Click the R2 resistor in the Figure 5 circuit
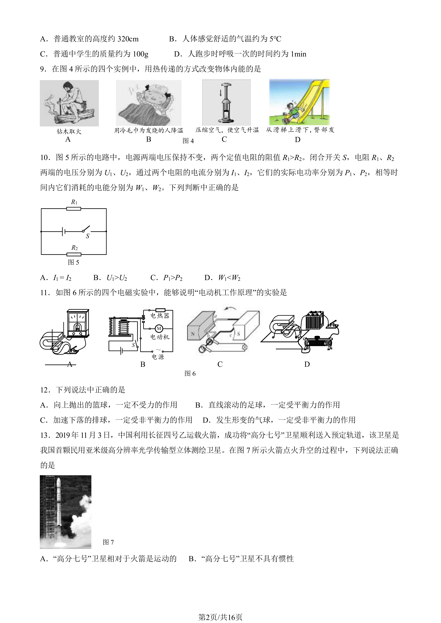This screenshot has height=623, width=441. click(x=74, y=254)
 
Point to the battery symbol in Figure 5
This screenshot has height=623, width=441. click(x=63, y=231)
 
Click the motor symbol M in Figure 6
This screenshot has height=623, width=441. click(x=159, y=329)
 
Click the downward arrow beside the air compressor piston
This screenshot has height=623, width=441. click(x=220, y=93)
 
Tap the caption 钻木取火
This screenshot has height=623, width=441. click(x=69, y=132)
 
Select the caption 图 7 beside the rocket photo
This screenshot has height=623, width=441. click(x=108, y=542)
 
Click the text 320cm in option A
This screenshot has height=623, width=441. click(x=128, y=39)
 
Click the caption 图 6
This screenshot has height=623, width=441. click(x=190, y=374)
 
